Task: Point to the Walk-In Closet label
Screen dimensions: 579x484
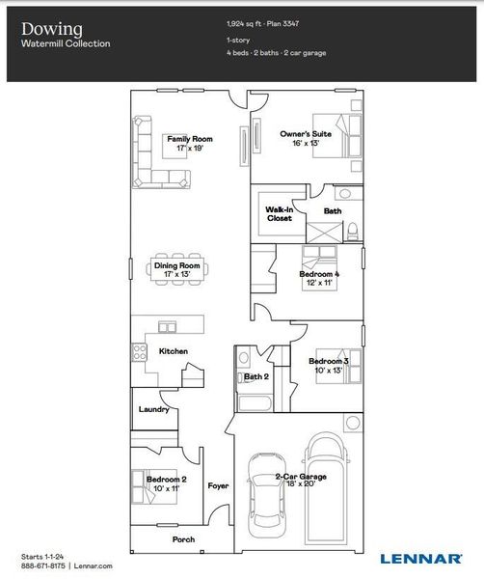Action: (280, 213)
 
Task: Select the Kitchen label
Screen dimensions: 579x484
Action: (174, 351)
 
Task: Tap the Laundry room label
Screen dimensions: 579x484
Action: (154, 409)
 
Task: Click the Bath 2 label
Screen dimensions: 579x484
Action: (255, 376)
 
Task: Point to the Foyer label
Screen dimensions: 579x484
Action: (218, 485)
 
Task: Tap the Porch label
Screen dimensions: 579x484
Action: (183, 539)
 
